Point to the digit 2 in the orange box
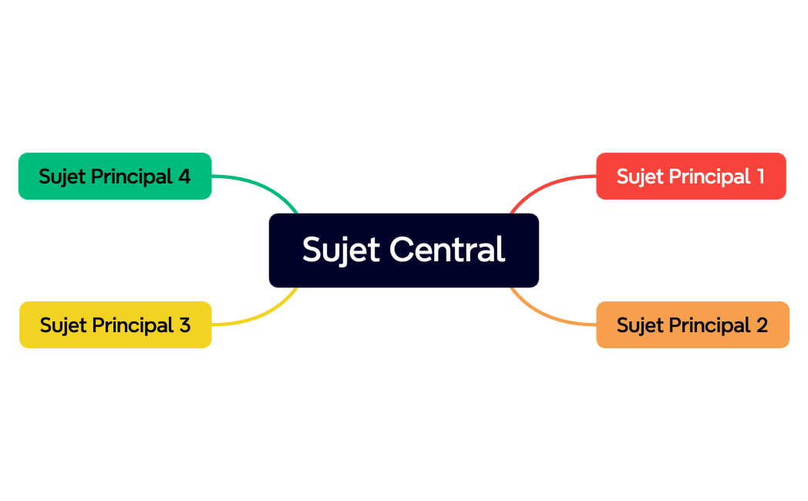tap(761, 325)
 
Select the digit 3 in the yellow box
tap(183, 325)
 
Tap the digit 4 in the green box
tap(183, 177)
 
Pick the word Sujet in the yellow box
tap(62, 325)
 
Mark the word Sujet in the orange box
tap(639, 325)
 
